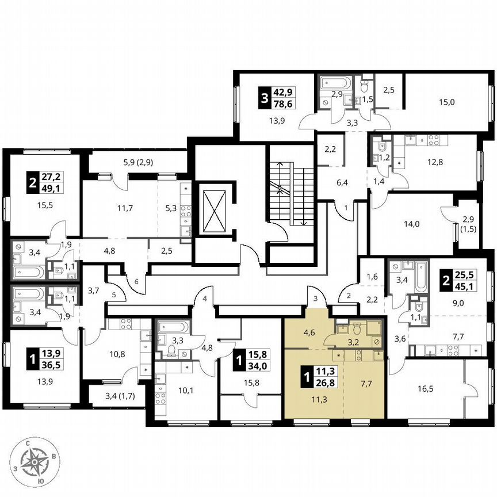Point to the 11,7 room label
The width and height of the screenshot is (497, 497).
point(124,208)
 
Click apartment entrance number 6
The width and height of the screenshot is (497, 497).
point(137,282)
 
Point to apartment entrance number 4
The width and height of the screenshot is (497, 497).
point(204,298)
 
